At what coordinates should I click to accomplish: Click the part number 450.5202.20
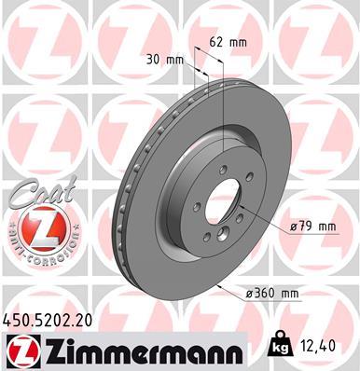49,319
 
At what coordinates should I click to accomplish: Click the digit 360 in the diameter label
265,294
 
